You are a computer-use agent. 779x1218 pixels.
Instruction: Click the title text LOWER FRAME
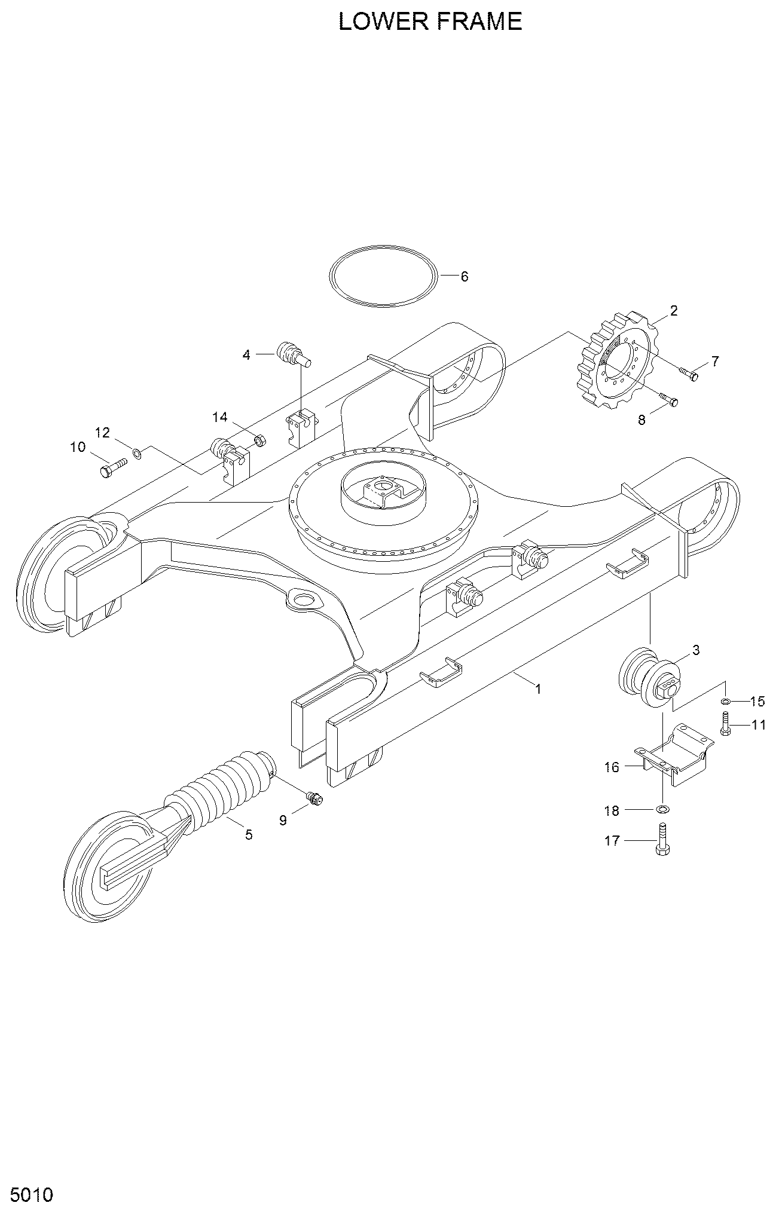point(430,22)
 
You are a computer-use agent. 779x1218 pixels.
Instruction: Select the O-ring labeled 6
point(383,276)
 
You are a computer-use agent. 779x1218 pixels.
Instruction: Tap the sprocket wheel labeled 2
point(615,360)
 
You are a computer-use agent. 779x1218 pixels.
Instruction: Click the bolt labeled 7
point(689,374)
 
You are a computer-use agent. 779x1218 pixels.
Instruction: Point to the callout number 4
point(246,355)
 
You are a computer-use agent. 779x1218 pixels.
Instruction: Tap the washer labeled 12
point(137,454)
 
